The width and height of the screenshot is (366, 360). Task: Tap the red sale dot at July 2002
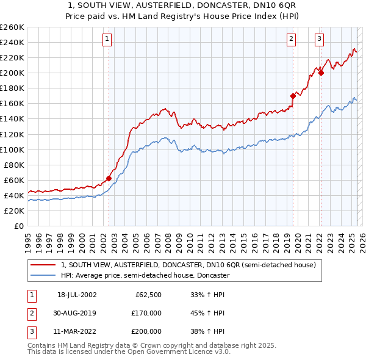click(109, 178)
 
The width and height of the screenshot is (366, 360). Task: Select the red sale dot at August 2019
click(293, 96)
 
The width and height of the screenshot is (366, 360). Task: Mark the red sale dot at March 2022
click(320, 73)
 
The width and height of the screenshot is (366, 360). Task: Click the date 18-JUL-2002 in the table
click(76, 295)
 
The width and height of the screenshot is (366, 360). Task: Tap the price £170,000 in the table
click(146, 313)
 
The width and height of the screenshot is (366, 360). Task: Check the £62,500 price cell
click(148, 295)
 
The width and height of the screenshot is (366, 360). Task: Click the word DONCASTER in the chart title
click(223, 5)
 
